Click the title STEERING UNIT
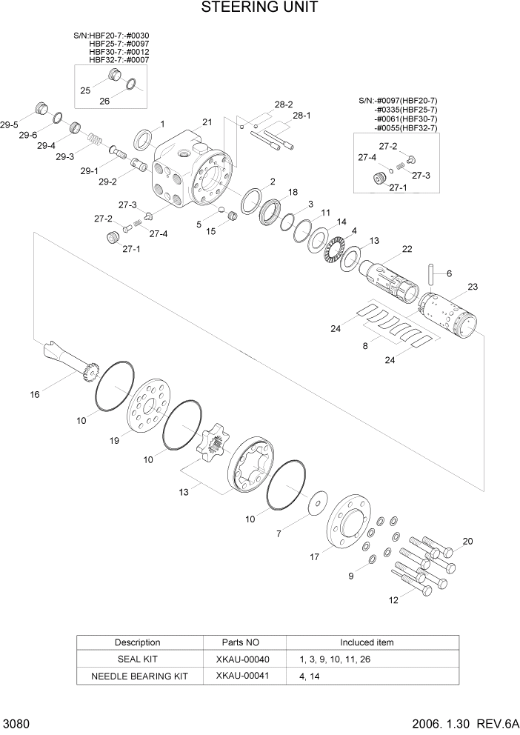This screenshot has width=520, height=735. coord(259,8)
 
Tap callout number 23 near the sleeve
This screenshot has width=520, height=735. coord(473,286)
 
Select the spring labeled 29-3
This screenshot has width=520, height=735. coord(94,139)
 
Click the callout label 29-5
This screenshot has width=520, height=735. coord(10,126)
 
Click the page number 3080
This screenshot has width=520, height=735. coord(16,722)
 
